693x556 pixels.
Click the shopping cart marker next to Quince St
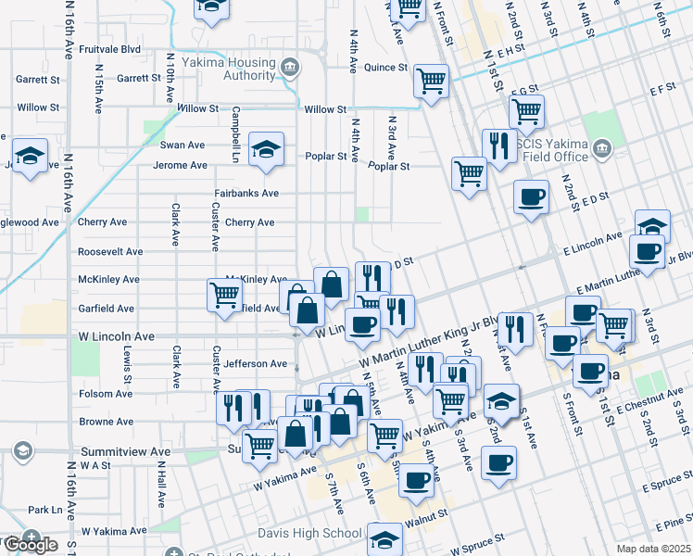[431, 80]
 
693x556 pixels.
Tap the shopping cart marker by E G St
[526, 111]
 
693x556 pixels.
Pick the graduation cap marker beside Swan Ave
[266, 150]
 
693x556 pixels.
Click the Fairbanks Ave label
[246, 194]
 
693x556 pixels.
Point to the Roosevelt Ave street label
[110, 251]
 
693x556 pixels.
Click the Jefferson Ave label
[256, 364]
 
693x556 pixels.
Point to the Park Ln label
[44, 510]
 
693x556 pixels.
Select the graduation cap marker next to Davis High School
[384, 538]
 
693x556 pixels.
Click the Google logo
[30, 545]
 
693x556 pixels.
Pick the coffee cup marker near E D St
[531, 196]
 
